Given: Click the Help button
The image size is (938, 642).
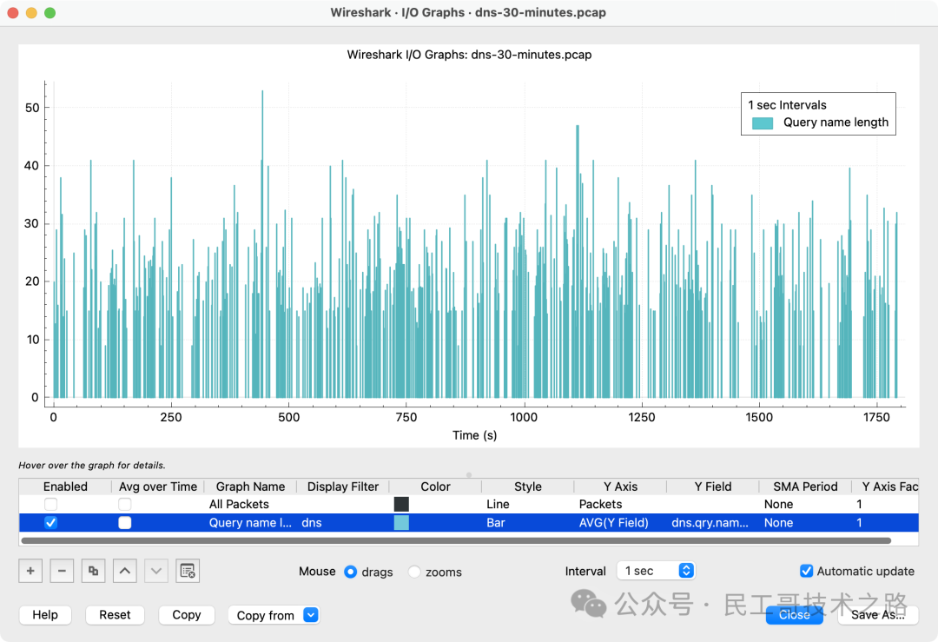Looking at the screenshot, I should tap(45, 615).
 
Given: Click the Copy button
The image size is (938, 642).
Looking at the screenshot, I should tap(186, 615).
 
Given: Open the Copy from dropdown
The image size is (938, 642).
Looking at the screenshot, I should tap(274, 615).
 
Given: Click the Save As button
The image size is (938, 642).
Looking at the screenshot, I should tap(877, 615).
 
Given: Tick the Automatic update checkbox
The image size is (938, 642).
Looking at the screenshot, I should tap(809, 571).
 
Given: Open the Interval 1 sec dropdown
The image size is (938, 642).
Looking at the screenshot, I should tap(657, 571).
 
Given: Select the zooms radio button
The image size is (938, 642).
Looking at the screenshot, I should tap(414, 572).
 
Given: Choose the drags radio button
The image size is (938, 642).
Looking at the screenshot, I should tap(351, 572).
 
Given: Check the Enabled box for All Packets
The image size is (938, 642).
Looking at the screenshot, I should tap(51, 504).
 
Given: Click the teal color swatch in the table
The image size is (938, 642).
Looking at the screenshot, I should tap(401, 523).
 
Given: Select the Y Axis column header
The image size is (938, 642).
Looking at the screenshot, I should tap(620, 486).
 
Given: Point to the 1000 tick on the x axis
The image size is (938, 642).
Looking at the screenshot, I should tap(524, 417).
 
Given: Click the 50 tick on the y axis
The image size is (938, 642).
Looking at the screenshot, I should tap(31, 108).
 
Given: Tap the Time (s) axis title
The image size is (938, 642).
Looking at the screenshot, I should tap(474, 435).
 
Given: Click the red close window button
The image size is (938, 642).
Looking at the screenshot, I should tap(12, 13).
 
